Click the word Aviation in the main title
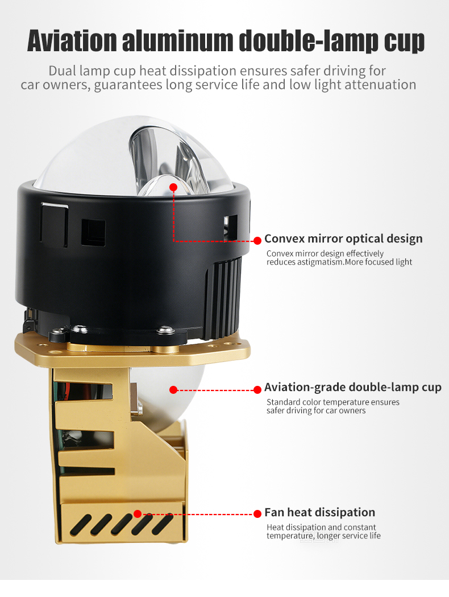[72, 40]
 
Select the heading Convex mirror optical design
[343, 238]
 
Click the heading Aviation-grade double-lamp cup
[353, 387]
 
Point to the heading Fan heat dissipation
[320, 512]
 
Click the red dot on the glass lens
[173, 187]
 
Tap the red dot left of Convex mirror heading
[257, 241]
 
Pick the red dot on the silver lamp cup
[173, 389]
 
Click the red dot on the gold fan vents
[138, 514]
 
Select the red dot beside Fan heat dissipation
[257, 514]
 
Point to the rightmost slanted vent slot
[163, 524]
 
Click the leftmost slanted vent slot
[80, 524]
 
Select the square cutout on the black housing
[93, 232]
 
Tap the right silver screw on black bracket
[166, 330]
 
